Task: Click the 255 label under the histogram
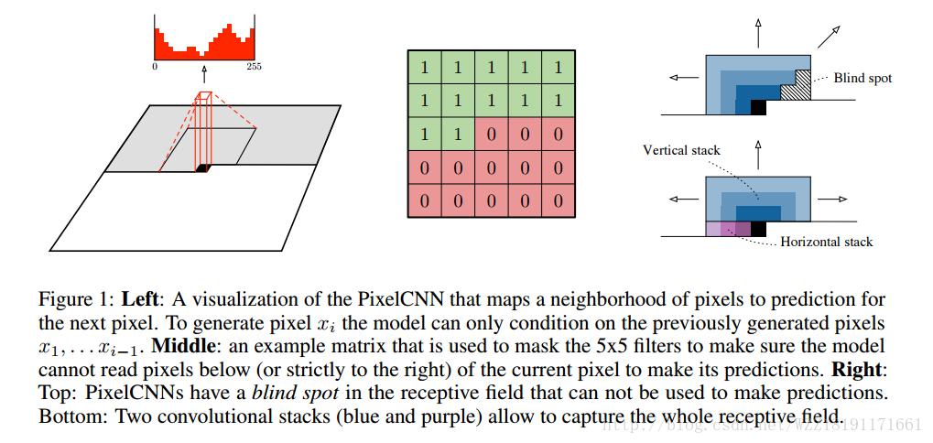255,66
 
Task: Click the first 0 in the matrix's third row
492,134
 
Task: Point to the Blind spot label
862,79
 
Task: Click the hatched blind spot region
802,86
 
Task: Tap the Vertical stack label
681,150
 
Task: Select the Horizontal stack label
827,242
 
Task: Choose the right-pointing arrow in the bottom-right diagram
831,198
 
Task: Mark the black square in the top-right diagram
758,107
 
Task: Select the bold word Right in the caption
858,372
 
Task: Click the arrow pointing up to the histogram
204,72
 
